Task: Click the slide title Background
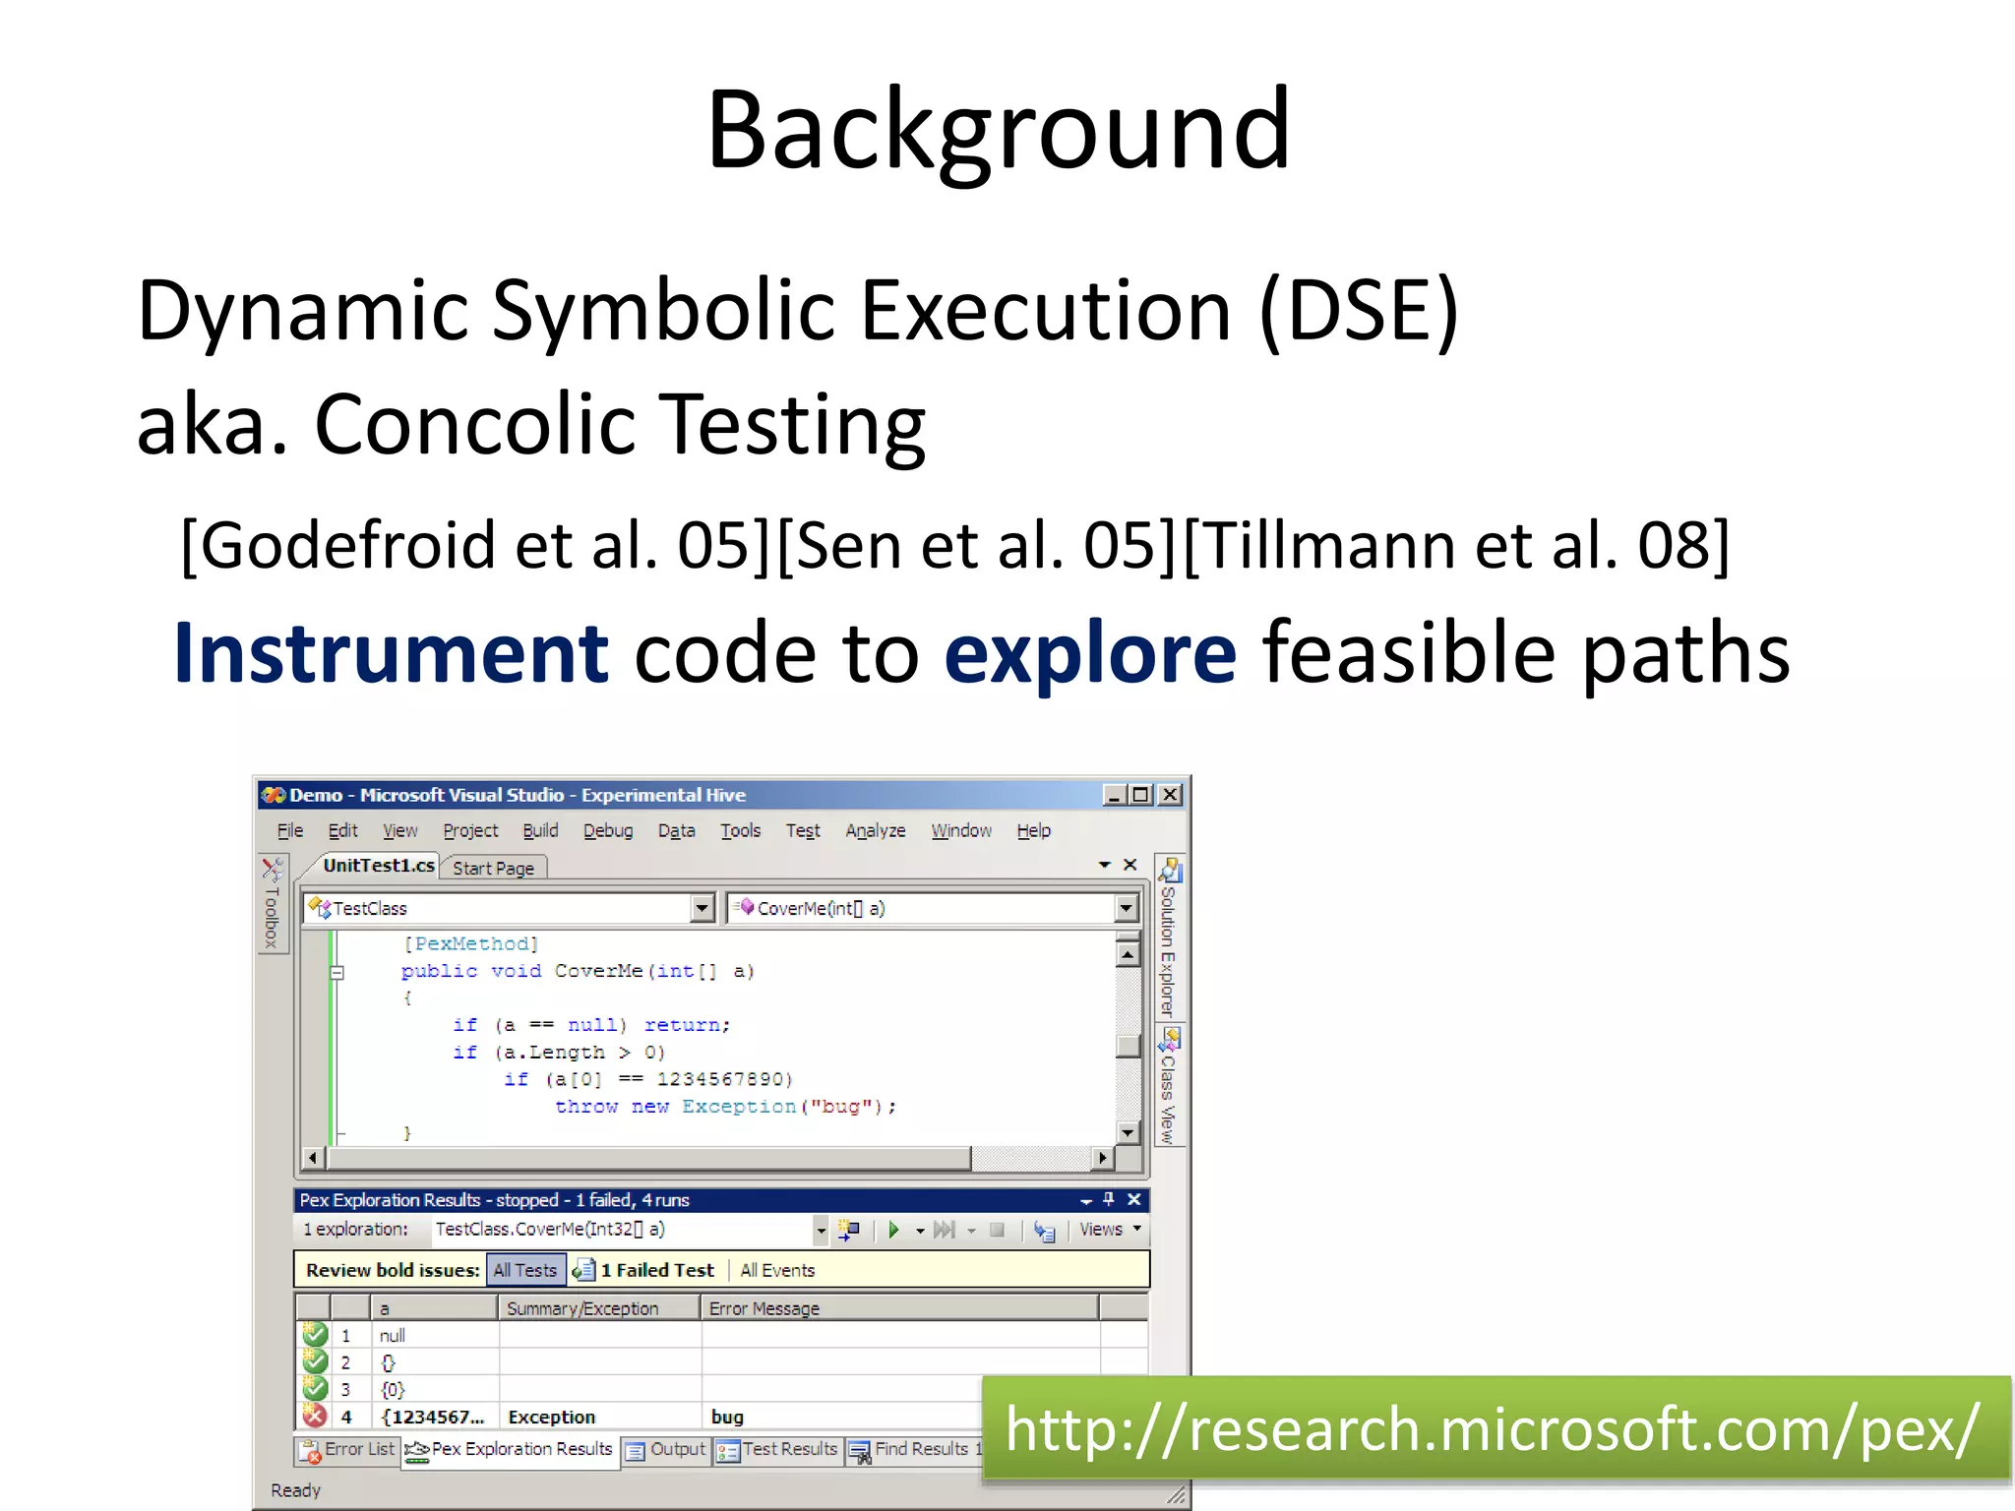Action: (x=998, y=131)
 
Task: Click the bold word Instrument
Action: (x=392, y=654)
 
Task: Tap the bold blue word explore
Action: (x=1089, y=654)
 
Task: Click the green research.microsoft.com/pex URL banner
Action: (x=1493, y=1429)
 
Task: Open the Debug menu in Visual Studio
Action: (x=607, y=831)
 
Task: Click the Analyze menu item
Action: (x=875, y=831)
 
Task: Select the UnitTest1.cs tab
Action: (x=378, y=866)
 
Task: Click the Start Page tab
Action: (x=493, y=869)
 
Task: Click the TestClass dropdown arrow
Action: (x=702, y=908)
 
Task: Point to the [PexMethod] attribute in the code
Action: (x=471, y=944)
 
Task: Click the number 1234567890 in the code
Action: (x=723, y=1079)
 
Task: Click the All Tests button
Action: (x=525, y=1270)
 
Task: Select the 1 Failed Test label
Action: (x=656, y=1270)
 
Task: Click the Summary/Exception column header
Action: (x=582, y=1308)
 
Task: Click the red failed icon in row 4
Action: (x=315, y=1417)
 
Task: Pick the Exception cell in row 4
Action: (x=551, y=1418)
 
